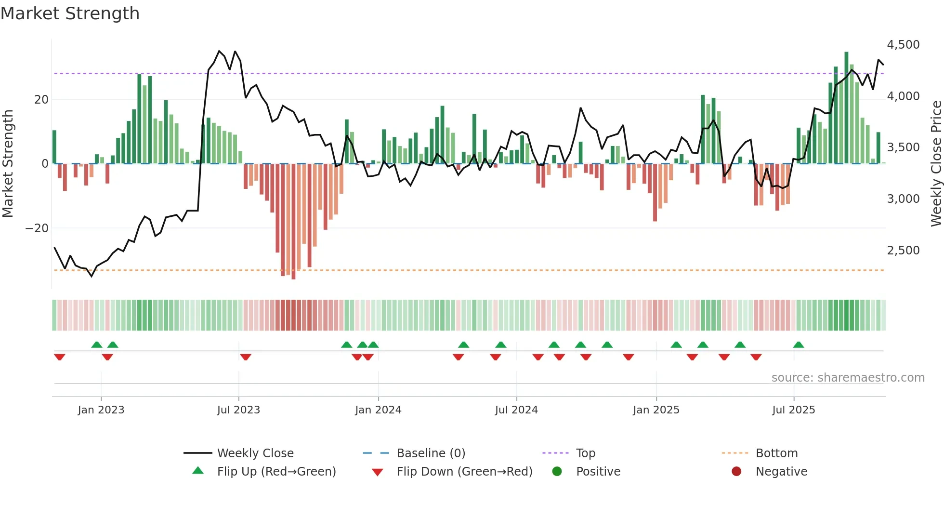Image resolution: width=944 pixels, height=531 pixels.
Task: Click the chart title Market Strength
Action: coord(70,13)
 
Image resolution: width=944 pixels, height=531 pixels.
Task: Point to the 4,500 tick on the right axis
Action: coord(903,45)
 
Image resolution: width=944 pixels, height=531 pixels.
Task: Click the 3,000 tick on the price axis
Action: coord(903,199)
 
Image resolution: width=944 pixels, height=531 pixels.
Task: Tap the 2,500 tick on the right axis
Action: coord(903,251)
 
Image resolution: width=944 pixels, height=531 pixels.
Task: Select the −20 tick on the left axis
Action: coord(37,228)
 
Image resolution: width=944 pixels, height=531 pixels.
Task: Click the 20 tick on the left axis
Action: coord(41,100)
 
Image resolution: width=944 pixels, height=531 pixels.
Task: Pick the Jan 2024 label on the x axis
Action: coord(378,410)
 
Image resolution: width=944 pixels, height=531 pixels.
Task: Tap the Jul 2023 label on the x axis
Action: coord(238,410)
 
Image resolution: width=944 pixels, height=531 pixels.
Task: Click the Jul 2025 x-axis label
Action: coord(793,410)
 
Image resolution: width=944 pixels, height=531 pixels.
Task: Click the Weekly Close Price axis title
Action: coord(936,164)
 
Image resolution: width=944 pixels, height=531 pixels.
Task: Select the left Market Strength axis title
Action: coord(8,164)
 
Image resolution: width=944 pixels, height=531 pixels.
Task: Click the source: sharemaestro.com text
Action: coord(848,378)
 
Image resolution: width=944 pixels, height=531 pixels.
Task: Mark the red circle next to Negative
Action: coord(736,472)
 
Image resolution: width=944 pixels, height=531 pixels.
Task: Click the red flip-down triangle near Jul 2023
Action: coord(246,357)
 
